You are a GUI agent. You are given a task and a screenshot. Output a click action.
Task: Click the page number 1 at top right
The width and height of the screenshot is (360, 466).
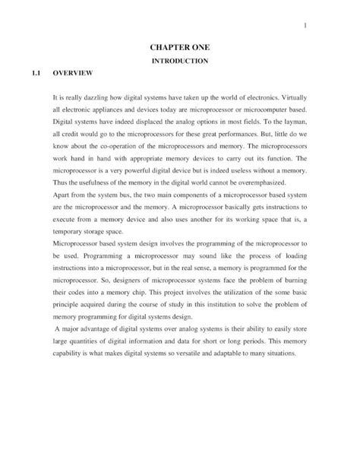click(304, 27)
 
